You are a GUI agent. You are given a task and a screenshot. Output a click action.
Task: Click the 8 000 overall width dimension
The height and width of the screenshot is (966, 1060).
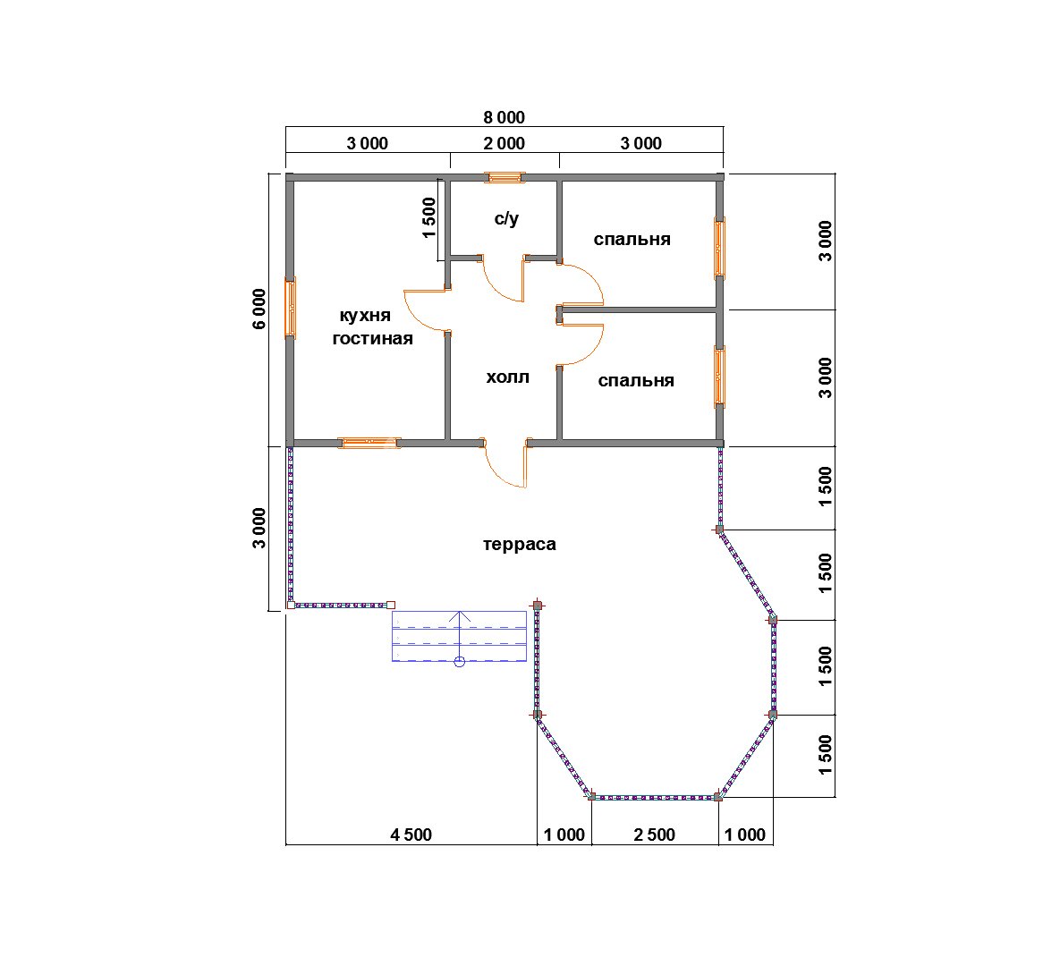[x=504, y=118]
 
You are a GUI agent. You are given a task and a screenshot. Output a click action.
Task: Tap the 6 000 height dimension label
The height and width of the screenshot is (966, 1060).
[x=259, y=309]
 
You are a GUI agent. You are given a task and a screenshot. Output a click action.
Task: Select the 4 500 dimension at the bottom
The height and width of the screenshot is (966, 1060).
[x=411, y=835]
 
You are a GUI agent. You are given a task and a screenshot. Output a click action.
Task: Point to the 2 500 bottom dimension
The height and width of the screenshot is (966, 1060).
[x=655, y=835]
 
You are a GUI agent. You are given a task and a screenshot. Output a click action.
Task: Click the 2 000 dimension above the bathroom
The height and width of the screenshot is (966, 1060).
[x=504, y=143]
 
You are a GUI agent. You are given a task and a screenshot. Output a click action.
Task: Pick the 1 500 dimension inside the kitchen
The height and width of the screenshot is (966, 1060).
[x=428, y=217]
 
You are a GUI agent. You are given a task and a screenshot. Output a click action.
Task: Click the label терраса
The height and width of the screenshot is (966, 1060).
[x=520, y=544]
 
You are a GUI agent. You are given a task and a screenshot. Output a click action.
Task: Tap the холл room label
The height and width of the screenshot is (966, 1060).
[x=508, y=377]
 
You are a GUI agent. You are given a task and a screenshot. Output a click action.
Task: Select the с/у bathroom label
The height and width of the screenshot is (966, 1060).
[x=506, y=218]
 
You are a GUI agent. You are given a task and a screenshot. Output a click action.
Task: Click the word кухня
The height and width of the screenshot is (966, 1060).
[x=365, y=316]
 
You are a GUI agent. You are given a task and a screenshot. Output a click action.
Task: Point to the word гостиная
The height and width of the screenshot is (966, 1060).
[x=372, y=338]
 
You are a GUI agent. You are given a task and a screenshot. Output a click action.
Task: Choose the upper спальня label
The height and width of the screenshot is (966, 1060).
[x=632, y=240]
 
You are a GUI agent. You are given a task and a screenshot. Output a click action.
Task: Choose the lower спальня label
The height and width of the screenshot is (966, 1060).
[x=636, y=381]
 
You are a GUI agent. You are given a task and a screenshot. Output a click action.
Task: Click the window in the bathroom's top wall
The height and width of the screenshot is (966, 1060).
[x=505, y=177]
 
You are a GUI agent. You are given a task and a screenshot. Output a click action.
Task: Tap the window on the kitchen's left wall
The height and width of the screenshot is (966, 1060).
[x=290, y=308]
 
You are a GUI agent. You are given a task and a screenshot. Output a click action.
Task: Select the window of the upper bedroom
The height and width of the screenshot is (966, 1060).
[x=720, y=248]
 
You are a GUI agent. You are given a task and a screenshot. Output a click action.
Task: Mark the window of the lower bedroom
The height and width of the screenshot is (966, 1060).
[x=720, y=377]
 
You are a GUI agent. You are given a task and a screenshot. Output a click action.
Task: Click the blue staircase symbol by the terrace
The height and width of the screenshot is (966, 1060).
[x=460, y=636]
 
